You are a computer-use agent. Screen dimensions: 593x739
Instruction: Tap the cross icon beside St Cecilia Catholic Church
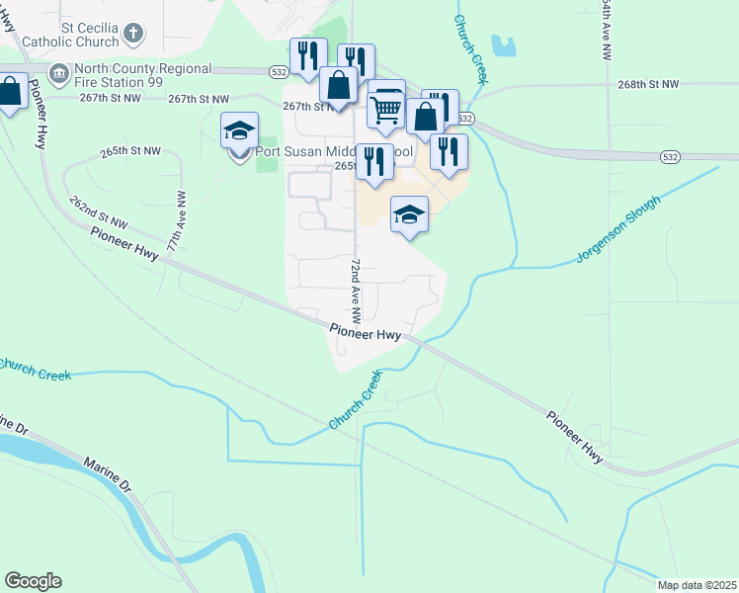(133, 36)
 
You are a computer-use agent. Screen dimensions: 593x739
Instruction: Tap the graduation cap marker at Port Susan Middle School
(239, 130)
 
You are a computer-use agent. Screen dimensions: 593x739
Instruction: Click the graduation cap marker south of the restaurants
(410, 214)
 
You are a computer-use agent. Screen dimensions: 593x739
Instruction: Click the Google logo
(33, 581)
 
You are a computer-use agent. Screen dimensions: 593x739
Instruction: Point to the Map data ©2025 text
(696, 585)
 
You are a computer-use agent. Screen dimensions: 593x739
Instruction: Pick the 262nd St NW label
(99, 212)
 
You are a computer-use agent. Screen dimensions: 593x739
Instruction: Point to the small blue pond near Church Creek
(503, 45)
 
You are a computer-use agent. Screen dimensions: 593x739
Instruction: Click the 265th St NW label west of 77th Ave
(129, 151)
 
